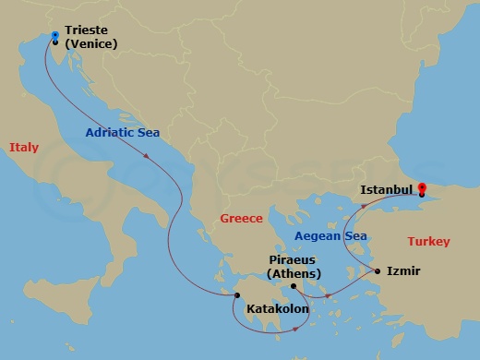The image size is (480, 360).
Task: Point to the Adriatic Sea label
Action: pos(123,132)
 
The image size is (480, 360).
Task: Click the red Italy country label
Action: pos(24,147)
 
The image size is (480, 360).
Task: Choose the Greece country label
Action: pos(241,219)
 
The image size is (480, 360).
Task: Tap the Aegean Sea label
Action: pos(330,236)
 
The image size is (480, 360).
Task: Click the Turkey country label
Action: pos(428,242)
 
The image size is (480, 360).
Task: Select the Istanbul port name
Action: pos(385,189)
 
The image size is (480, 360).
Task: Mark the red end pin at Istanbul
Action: pos(422,186)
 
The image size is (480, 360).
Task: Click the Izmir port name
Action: pos(404,271)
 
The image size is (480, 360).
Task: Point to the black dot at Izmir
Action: pos(378,271)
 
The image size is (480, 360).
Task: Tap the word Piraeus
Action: pos(294,261)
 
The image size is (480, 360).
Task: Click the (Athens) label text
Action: pos(294,274)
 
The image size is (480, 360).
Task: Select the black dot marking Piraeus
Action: pos(294,286)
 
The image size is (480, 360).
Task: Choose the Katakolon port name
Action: pos(277,309)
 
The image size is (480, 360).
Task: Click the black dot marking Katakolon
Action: pos(237,295)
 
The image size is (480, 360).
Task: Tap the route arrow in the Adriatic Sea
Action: pos(146,157)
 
